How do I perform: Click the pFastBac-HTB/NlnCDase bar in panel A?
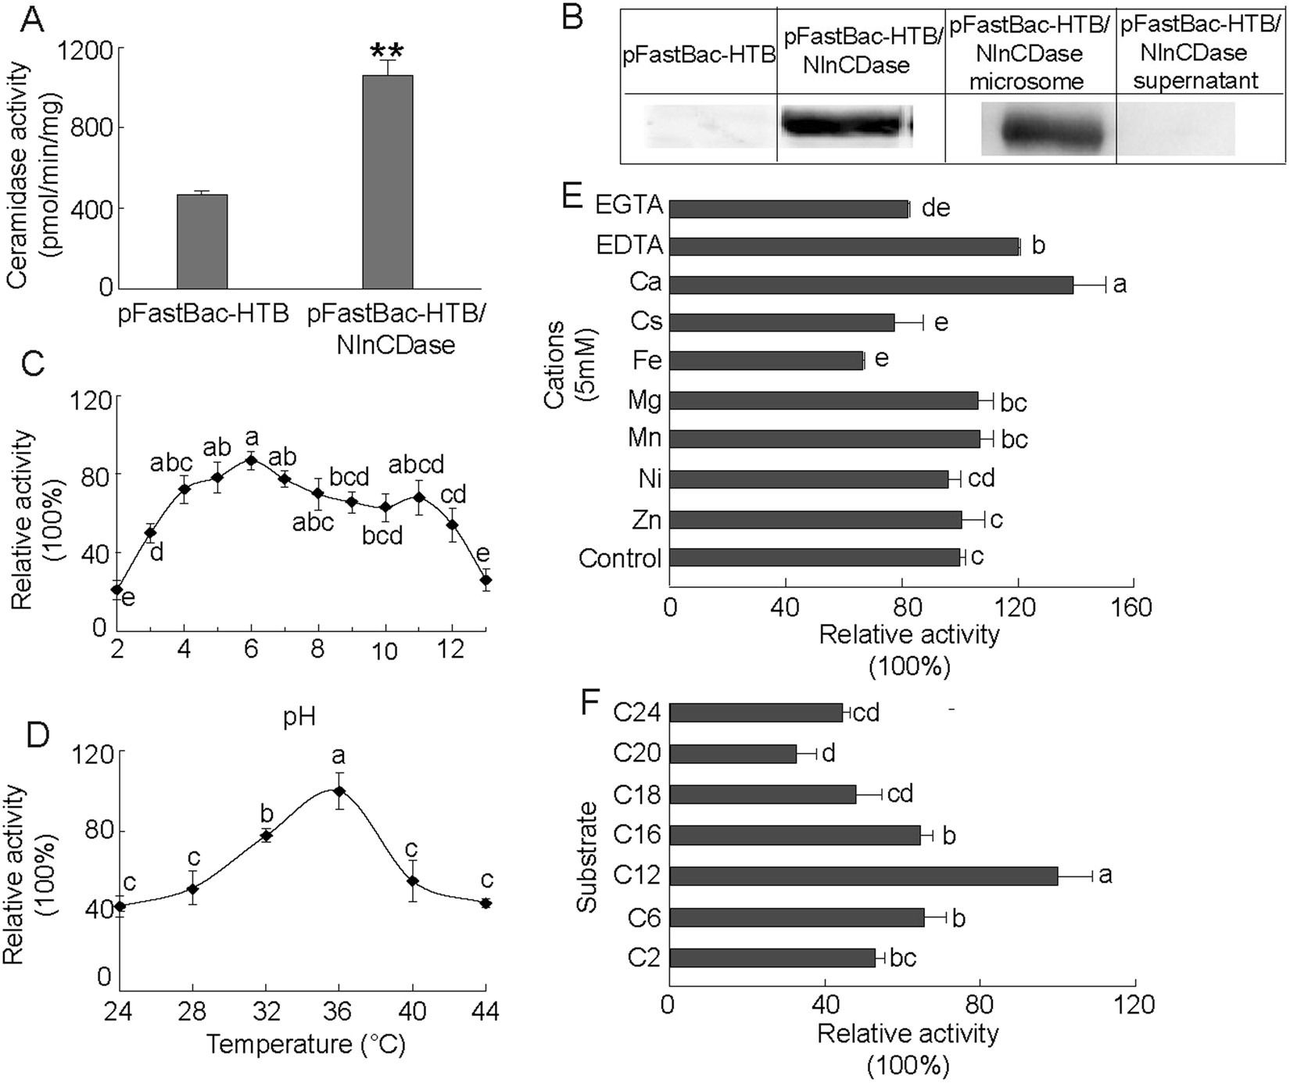coord(388,181)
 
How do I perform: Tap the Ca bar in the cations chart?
coord(871,285)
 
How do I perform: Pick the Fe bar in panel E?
coord(766,360)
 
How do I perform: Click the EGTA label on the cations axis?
coord(629,206)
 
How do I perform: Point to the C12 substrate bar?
coord(863,876)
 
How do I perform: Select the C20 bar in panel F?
coord(733,754)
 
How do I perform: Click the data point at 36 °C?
coord(339,791)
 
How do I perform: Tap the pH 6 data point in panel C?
coord(251,460)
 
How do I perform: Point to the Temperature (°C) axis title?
coord(306,1045)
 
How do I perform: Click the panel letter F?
coord(593,701)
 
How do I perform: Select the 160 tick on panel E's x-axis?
coord(1133,608)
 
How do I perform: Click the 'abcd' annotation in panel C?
coord(416,465)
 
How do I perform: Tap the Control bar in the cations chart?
coord(814,558)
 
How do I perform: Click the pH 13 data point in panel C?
coord(486,580)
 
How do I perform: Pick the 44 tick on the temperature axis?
coord(486,1011)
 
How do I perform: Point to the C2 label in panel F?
coord(643,958)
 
